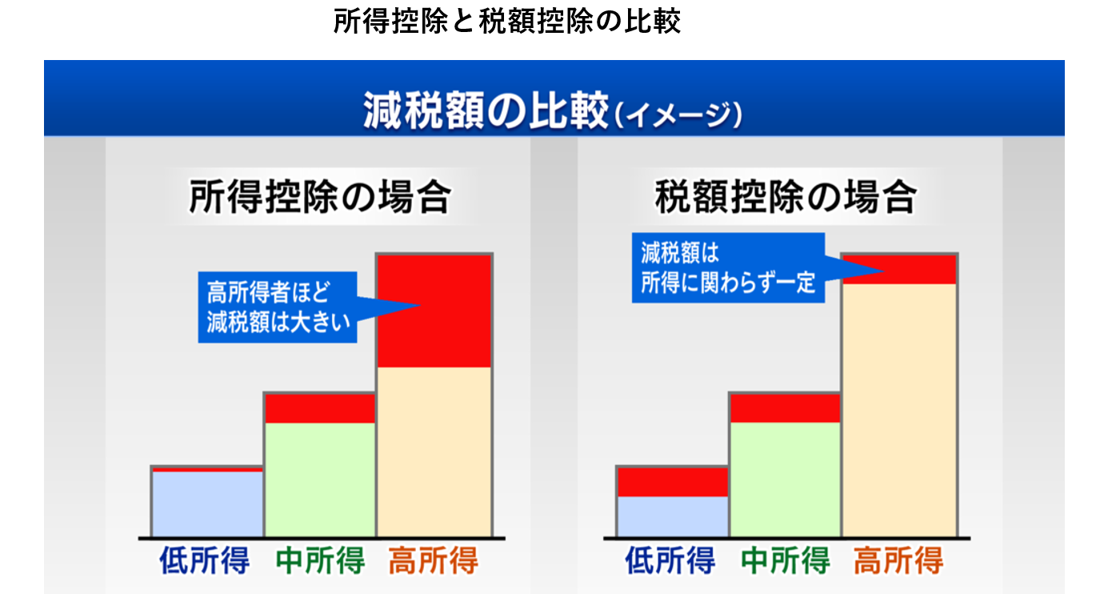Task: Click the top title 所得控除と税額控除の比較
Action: [x=507, y=21]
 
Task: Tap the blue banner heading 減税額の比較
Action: [x=485, y=111]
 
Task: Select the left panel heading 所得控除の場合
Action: [x=320, y=196]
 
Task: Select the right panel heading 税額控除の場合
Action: [x=786, y=196]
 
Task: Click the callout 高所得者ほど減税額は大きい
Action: [x=278, y=307]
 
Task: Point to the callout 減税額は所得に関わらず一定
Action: [x=728, y=267]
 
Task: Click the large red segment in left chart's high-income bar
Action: [x=434, y=311]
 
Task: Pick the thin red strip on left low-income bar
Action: [x=207, y=470]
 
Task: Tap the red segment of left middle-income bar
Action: [x=320, y=408]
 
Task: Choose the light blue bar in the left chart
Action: [x=207, y=504]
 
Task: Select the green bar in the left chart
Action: [x=320, y=479]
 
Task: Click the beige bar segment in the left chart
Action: [x=434, y=452]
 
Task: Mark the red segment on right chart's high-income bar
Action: [x=900, y=269]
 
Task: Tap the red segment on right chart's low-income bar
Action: [x=673, y=482]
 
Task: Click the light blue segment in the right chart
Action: [x=673, y=516]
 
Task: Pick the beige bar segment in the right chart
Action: [x=900, y=410]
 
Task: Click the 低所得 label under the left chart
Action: [x=205, y=560]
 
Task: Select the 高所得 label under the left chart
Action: [x=434, y=560]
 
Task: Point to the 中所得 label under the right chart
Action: [x=786, y=560]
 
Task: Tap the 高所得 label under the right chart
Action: [x=898, y=560]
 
